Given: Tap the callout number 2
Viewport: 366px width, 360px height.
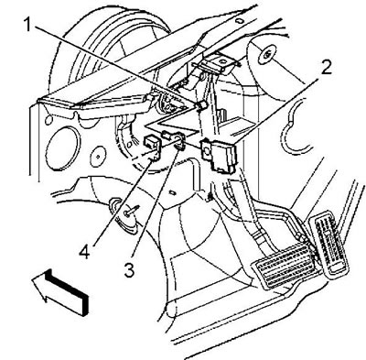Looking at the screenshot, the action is coord(326,68).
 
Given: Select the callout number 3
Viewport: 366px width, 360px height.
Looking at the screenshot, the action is coord(130,270).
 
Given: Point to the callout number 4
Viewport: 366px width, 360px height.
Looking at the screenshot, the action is coord(84,252).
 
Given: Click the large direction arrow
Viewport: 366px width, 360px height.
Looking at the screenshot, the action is coord(60,291).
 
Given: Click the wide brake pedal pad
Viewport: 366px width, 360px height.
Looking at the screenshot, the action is coord(285,265).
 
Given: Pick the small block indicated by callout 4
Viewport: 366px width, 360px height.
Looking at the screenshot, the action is coord(153,146).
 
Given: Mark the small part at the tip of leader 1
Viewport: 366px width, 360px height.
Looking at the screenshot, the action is coord(201,105).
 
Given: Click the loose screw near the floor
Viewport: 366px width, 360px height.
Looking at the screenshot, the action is coord(131,211).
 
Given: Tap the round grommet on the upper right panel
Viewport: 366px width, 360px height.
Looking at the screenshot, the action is coord(266,55).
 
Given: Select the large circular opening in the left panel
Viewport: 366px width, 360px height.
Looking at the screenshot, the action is coord(61,147).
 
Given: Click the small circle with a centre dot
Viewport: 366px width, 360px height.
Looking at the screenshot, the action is coord(98,157).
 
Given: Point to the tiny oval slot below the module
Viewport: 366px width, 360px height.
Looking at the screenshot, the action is coord(173,192).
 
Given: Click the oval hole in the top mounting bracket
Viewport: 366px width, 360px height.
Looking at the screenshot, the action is coord(224,61).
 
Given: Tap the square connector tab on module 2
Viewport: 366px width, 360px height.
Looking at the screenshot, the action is coord(207,150).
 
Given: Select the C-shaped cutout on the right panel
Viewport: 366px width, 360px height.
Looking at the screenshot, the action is coord(291,126).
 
